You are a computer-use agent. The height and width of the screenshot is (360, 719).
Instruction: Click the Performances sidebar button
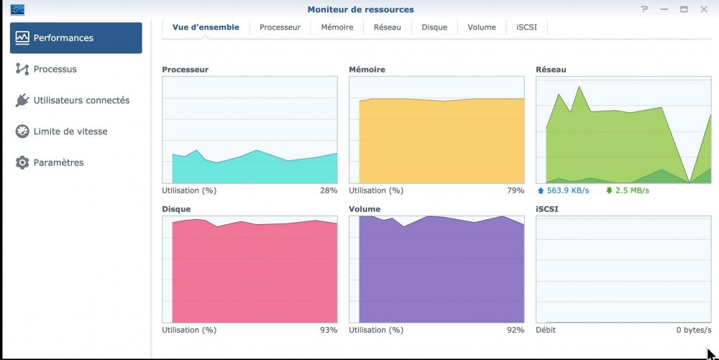click(75, 38)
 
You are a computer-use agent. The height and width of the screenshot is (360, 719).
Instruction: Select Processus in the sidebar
click(55, 69)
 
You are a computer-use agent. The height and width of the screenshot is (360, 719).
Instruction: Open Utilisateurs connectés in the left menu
click(81, 101)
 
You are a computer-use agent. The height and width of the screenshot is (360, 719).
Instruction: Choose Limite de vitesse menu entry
click(70, 131)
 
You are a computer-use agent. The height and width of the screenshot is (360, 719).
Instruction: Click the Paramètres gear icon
click(22, 162)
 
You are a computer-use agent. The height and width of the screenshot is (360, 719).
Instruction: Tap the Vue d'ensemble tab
click(206, 27)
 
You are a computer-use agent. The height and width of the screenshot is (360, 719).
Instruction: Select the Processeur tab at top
click(280, 27)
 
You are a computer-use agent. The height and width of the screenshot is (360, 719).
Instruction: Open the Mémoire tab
click(337, 27)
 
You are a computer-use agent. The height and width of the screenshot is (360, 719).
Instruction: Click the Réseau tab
click(388, 27)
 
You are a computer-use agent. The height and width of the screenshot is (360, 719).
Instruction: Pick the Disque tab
click(434, 27)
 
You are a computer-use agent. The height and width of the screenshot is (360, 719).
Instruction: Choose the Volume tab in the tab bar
click(482, 27)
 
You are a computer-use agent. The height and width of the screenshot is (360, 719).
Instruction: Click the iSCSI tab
click(527, 27)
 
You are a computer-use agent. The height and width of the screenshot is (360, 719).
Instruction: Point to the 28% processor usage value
click(329, 191)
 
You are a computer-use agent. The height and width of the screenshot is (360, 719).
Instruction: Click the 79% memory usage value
click(516, 191)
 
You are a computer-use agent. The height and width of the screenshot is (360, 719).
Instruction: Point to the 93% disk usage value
click(329, 331)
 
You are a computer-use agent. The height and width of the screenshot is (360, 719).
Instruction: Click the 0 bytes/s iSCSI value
click(693, 331)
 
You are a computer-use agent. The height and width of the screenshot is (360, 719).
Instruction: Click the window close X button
click(704, 9)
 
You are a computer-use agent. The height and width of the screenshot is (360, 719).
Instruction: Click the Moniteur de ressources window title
click(360, 9)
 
